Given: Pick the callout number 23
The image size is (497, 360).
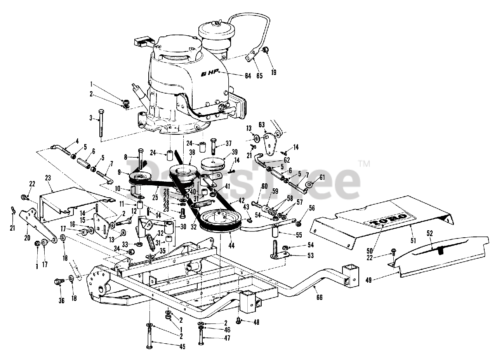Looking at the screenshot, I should point(48,177).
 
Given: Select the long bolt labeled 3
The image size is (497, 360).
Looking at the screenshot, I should point(101,122).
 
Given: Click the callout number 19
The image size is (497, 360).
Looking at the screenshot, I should point(274,72).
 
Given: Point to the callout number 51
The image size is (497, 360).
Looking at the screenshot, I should point(413,241).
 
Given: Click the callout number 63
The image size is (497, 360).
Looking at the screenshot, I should point(261,124).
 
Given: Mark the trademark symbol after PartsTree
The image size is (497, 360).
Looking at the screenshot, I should point(363,164).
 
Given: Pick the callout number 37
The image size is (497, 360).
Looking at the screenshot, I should point(229,142).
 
